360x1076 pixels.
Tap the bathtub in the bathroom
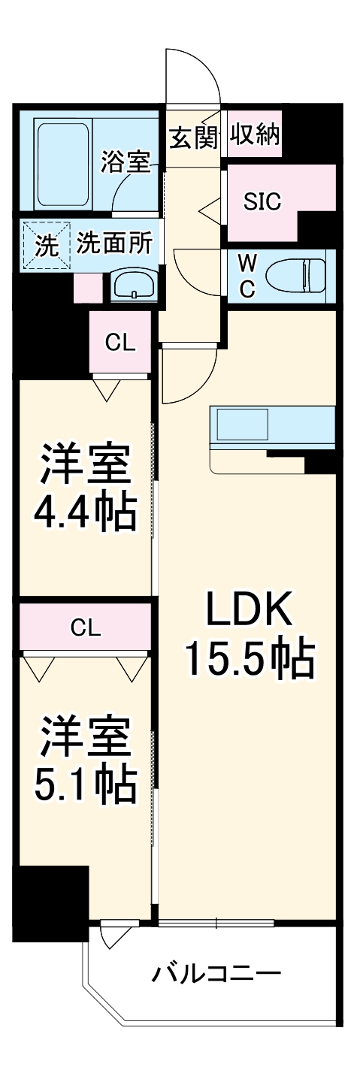click(64, 165)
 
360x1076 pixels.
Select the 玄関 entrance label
click(193, 138)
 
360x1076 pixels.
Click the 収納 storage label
click(256, 136)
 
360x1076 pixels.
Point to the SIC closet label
click(262, 201)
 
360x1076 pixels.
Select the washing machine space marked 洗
click(47, 245)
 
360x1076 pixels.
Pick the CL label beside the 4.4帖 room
click(119, 343)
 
